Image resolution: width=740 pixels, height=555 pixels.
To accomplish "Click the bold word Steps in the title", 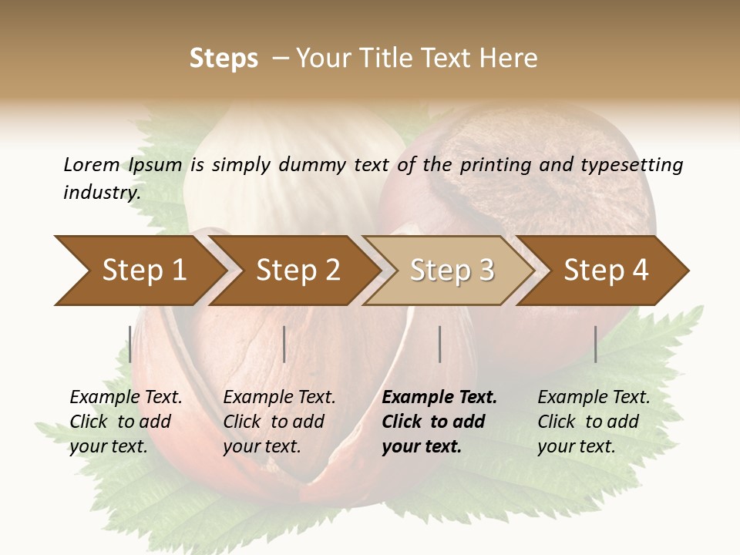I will tap(224, 59).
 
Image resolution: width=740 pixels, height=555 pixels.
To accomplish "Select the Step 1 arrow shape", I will tap(143, 271).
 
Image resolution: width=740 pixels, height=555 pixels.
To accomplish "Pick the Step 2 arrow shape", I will tap(298, 271).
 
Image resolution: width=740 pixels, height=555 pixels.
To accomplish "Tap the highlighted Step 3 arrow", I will tap(452, 271).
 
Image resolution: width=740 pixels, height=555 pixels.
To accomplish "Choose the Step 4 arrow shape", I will tap(606, 271).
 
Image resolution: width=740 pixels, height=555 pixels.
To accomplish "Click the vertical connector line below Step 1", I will tap(130, 344).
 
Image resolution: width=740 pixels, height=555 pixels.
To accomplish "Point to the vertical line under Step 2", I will tap(284, 344).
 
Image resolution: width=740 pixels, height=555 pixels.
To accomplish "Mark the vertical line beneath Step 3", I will tap(439, 344).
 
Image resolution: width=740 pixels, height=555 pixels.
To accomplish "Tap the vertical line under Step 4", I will tap(595, 344).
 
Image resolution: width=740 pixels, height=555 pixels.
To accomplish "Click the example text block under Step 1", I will tap(126, 422).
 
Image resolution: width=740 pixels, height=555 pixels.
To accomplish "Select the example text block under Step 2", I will tap(279, 422).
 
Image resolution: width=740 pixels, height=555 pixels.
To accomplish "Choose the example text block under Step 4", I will tap(594, 422).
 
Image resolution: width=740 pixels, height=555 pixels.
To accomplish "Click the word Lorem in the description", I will tap(92, 165).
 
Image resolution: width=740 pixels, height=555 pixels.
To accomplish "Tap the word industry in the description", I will tap(101, 193).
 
